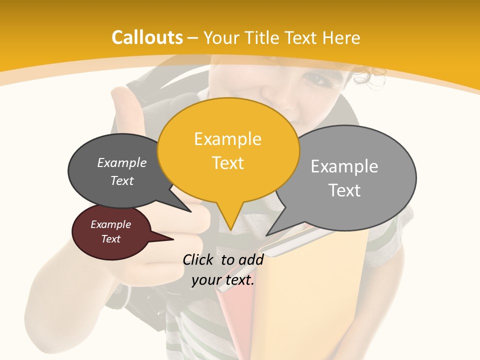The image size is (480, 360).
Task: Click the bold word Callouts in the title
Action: [x=147, y=38]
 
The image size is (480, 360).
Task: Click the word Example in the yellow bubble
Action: [x=227, y=139]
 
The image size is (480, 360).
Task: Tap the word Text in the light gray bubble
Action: [x=344, y=190]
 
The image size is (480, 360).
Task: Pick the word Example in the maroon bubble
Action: [x=110, y=224]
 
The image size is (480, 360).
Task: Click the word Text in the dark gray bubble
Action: [x=122, y=180]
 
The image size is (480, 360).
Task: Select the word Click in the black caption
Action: [x=199, y=259]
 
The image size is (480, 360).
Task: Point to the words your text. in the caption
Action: [x=223, y=280]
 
